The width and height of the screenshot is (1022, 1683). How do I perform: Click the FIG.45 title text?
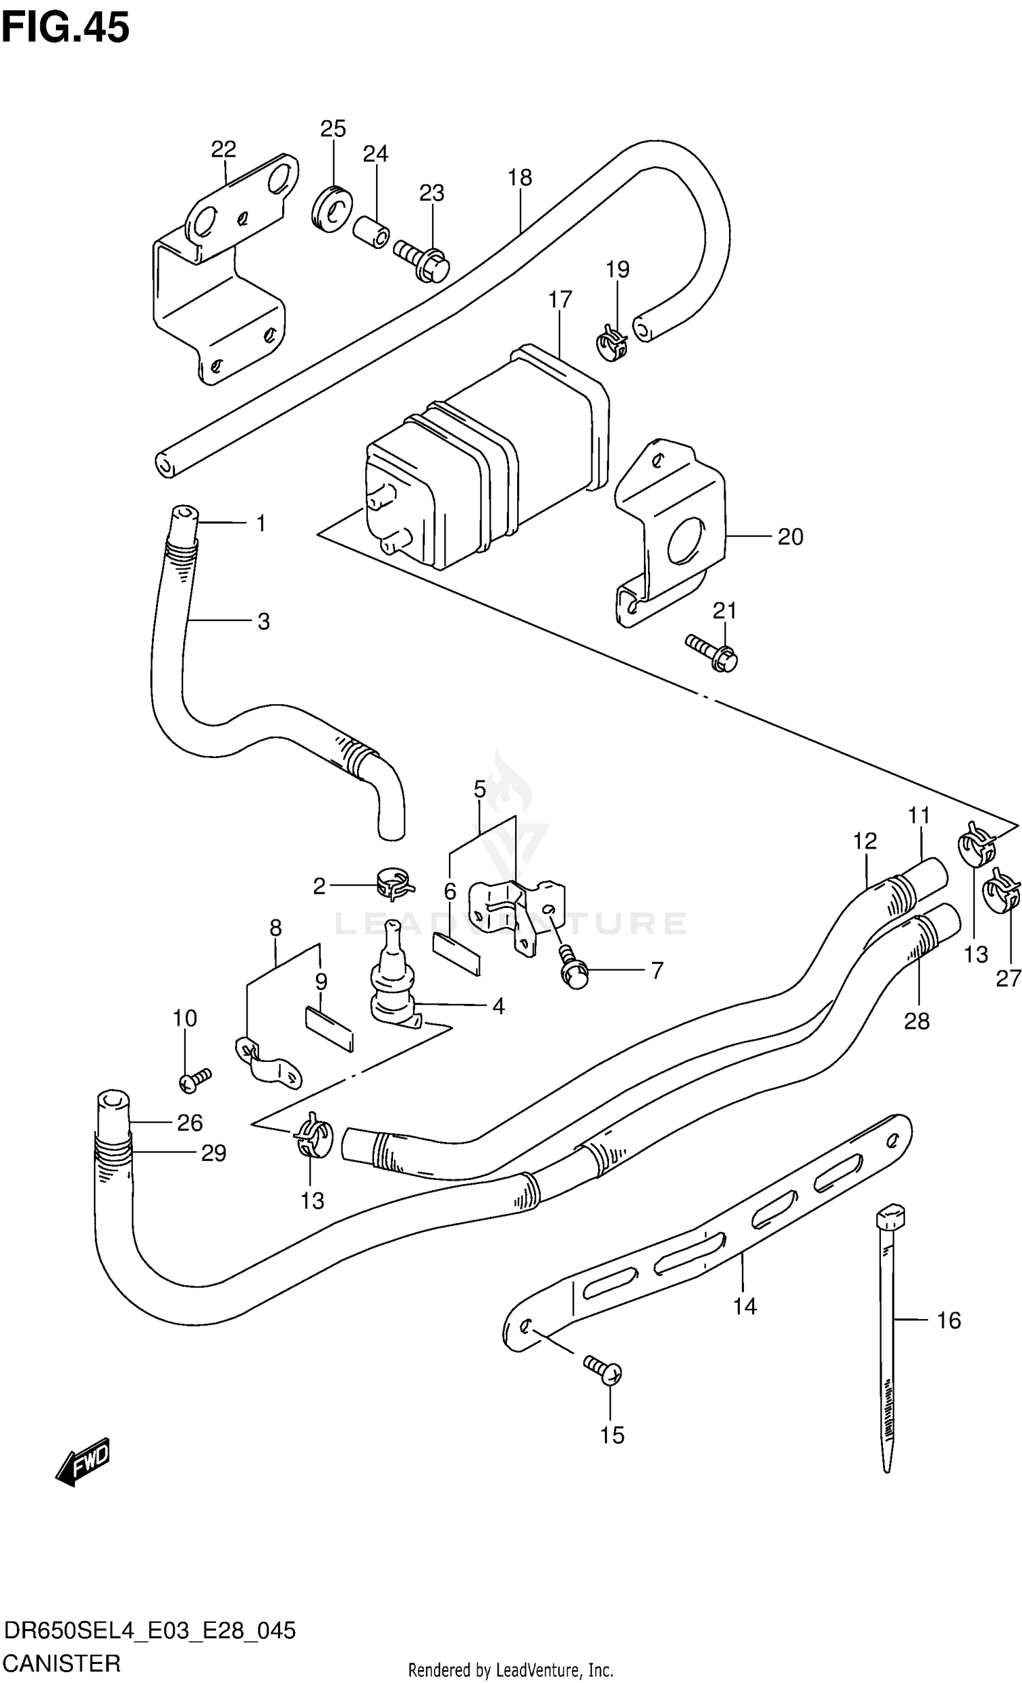(65, 29)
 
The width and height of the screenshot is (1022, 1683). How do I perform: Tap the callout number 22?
(223, 149)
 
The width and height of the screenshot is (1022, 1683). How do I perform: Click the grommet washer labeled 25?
(332, 208)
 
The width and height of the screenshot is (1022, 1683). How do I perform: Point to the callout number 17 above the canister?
(560, 299)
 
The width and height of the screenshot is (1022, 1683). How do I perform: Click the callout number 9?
(321, 982)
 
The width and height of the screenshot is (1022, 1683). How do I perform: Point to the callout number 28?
(916, 1021)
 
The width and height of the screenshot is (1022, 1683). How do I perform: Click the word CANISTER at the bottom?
(61, 1663)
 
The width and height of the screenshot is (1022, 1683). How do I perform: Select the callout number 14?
(745, 1306)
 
